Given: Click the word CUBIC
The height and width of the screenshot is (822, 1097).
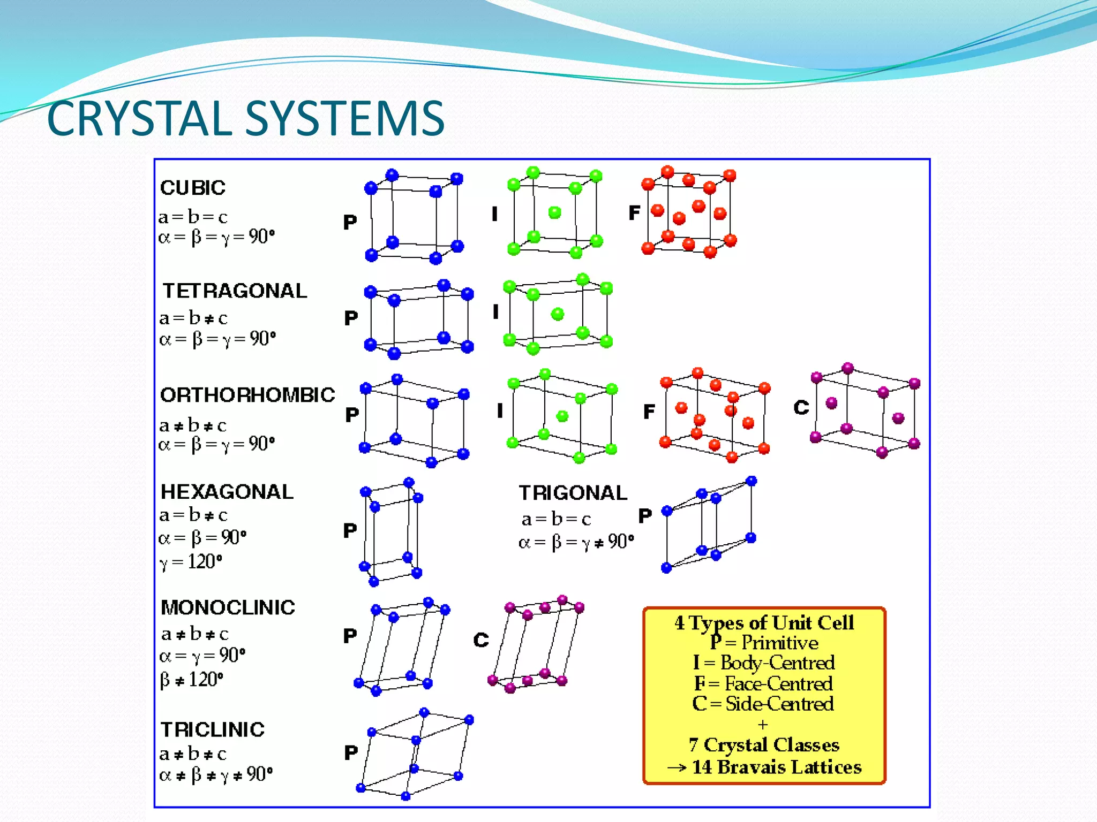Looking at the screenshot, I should point(193,188).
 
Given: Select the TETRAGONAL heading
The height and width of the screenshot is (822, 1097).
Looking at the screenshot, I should point(235,291).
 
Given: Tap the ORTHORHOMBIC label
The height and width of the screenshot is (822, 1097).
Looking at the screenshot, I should point(247,395).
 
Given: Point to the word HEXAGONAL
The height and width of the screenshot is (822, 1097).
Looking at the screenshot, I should point(227,492).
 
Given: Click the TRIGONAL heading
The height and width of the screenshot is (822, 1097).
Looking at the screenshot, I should point(573,493).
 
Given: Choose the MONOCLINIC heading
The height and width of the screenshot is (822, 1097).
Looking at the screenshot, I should point(228,607).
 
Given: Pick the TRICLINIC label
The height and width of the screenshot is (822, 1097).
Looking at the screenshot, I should point(213,729).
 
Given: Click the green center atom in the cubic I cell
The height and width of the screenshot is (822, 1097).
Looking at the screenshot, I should point(555,213).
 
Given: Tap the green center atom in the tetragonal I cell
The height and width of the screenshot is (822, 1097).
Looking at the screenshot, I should point(558,314).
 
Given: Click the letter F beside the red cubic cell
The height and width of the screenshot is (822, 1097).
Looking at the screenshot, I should point(634,213).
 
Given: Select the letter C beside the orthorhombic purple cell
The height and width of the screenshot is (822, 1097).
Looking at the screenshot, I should point(801,408).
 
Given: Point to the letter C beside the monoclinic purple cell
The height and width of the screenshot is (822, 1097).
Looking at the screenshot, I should point(481,640).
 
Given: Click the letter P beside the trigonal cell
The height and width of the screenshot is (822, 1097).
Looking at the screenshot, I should point(645,516).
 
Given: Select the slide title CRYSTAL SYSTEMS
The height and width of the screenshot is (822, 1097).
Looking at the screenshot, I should point(246,118).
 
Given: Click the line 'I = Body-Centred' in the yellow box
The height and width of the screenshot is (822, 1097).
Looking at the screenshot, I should point(764,663).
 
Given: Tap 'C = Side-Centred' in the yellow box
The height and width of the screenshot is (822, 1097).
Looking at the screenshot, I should point(763,703).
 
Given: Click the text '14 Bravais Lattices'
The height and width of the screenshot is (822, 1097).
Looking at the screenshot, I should point(776,767).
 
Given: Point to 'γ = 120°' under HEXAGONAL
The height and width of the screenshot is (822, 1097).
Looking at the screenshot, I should point(191,562).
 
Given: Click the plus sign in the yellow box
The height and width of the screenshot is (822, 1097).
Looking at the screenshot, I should point(763,725).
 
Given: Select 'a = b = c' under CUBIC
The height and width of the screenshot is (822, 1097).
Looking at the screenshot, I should point(193,217).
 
